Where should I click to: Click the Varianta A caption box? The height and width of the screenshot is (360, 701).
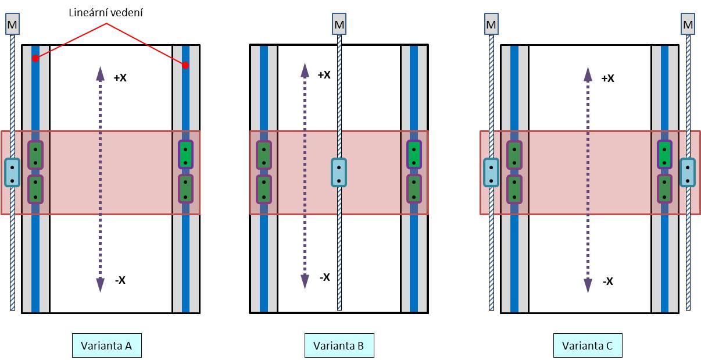[107, 346]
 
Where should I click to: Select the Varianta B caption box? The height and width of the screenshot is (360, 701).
[339, 346]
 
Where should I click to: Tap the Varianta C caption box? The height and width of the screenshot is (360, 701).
[588, 346]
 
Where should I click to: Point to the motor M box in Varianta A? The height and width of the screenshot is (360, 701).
[12, 25]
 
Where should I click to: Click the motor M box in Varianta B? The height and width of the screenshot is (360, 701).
[339, 25]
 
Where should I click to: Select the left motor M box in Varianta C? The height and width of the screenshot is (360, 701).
[491, 24]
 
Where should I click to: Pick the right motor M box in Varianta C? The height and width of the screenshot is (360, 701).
[688, 24]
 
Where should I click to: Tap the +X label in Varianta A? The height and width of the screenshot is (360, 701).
[120, 77]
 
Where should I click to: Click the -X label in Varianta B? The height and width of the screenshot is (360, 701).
[324, 277]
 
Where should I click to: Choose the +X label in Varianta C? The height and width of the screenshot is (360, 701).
[607, 78]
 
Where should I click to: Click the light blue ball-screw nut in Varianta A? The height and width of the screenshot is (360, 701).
[12, 172]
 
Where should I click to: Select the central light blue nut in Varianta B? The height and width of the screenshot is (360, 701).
[339, 172]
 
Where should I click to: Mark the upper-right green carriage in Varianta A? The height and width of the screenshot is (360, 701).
[186, 155]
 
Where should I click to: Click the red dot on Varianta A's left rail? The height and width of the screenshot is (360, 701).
[35, 58]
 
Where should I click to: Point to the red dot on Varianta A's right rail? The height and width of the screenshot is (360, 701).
[185, 65]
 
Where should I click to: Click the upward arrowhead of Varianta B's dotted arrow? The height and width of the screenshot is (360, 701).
[304, 70]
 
